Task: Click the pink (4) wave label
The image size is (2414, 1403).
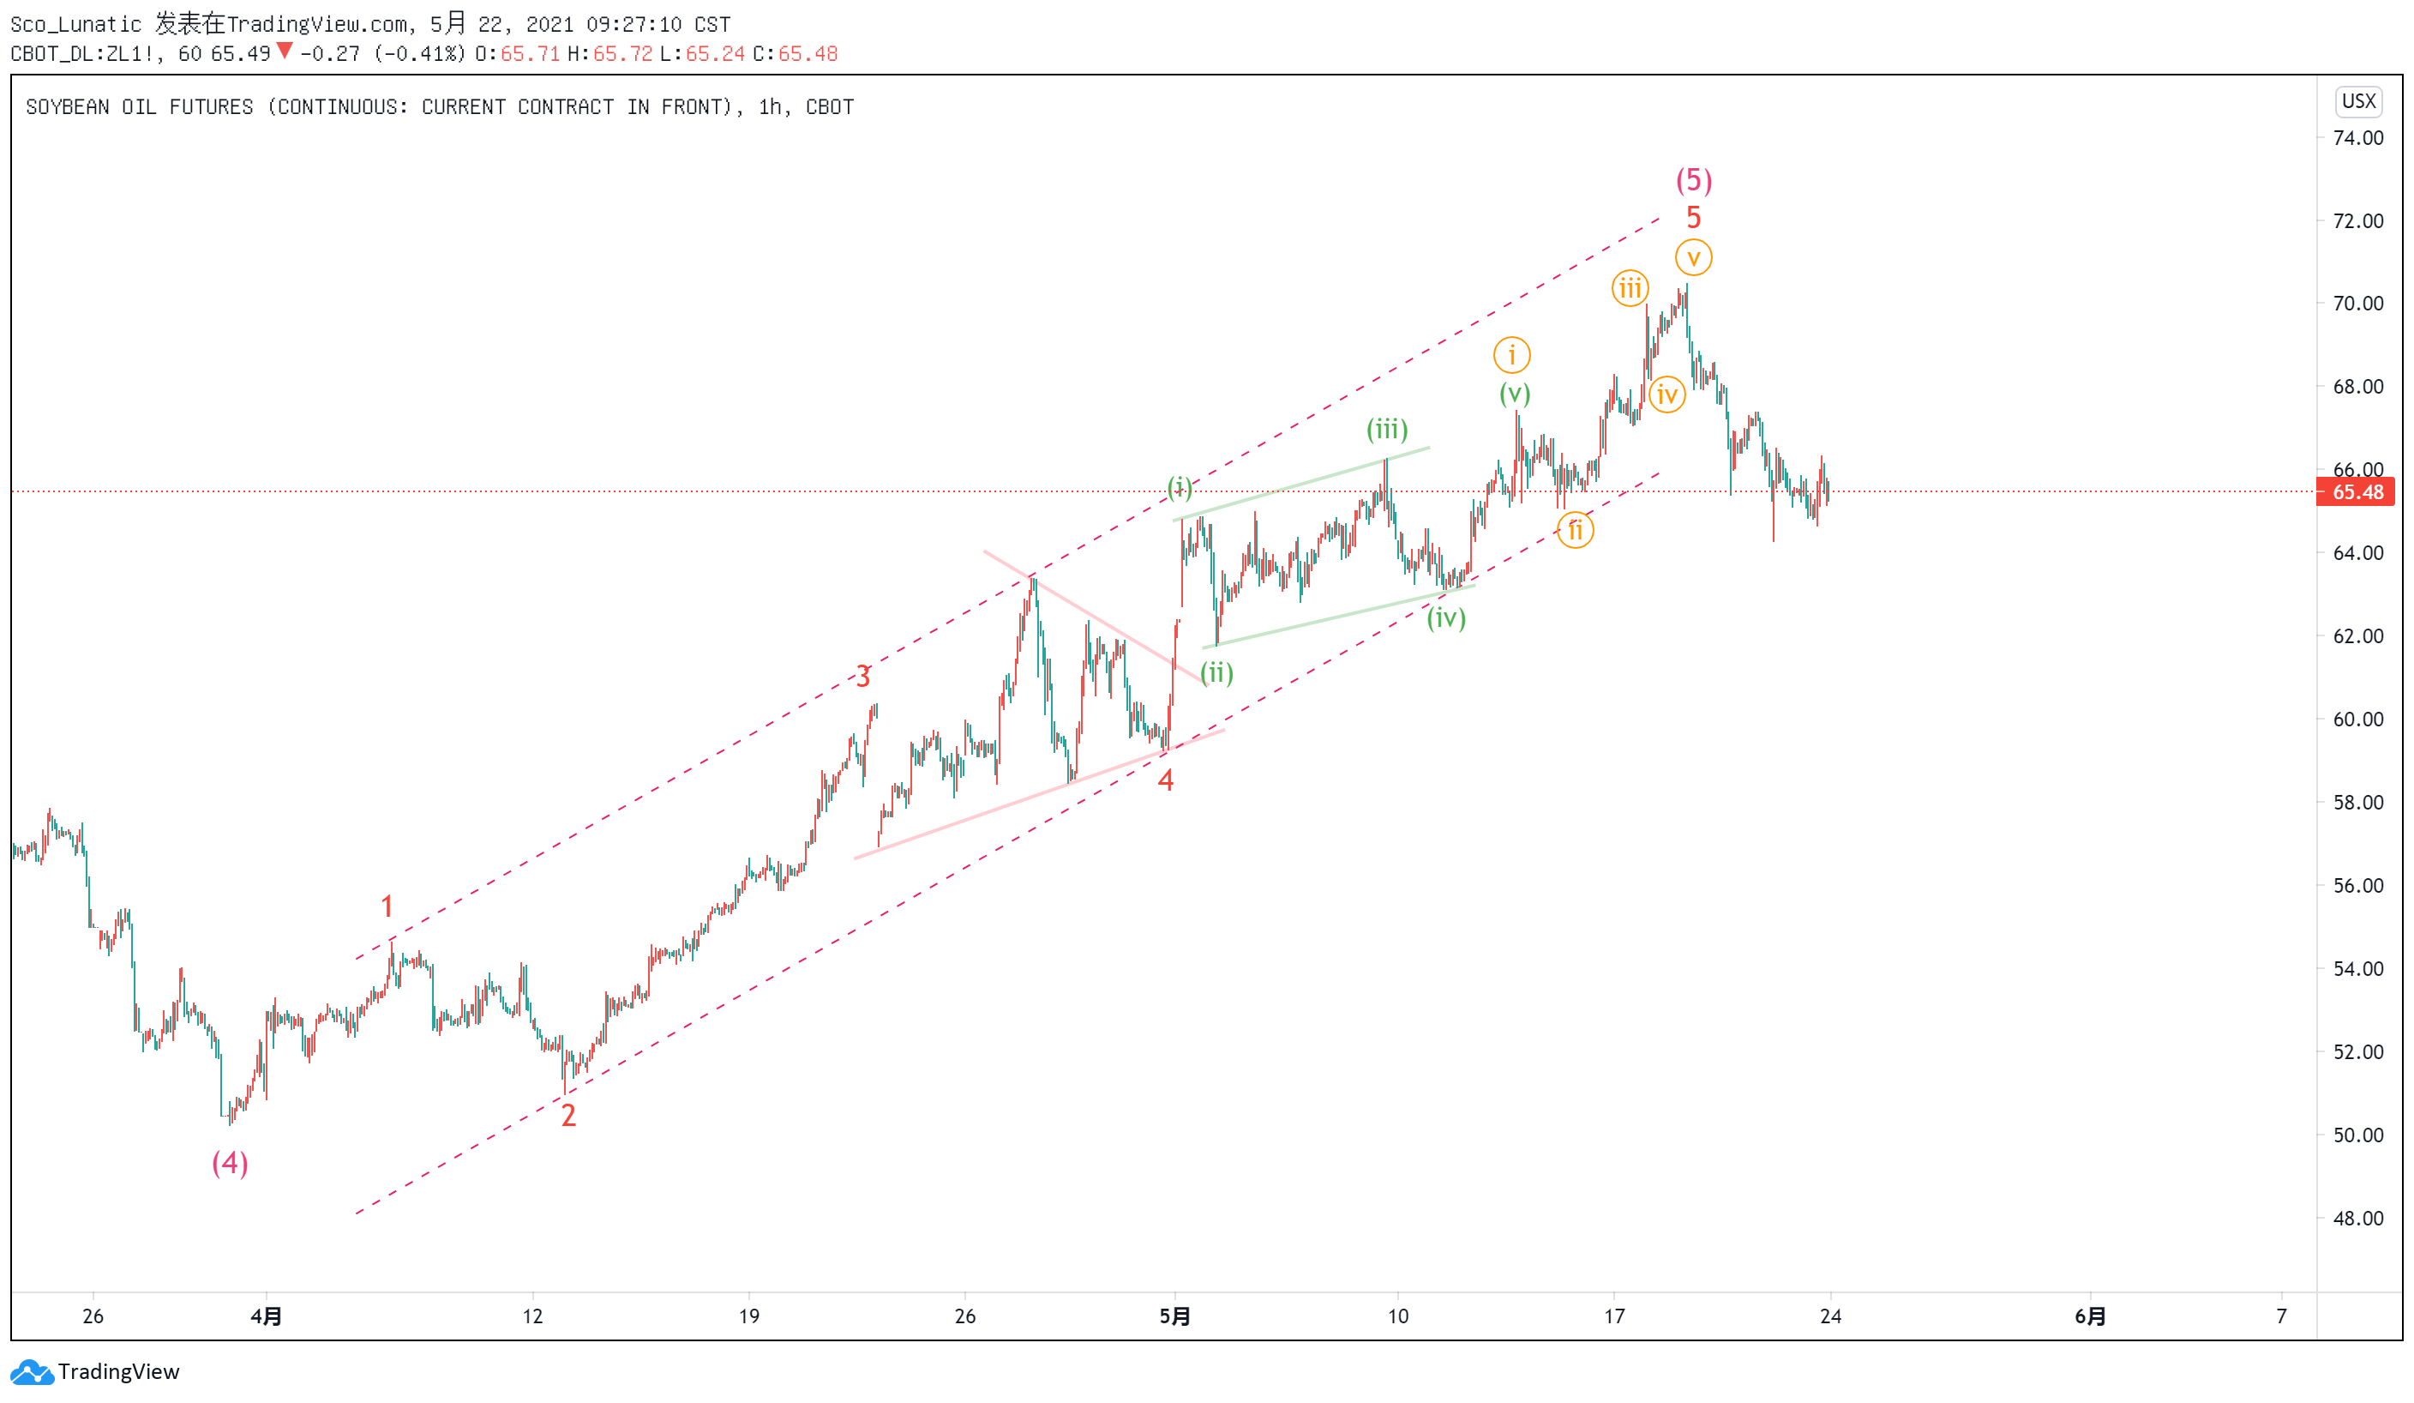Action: tap(230, 1164)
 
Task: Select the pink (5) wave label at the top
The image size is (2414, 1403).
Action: tap(1694, 180)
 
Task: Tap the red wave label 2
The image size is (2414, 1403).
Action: tap(568, 1116)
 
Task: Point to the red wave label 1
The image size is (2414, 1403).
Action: tap(387, 906)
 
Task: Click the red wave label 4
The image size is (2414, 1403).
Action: tap(1165, 780)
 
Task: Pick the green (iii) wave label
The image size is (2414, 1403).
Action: tap(1386, 430)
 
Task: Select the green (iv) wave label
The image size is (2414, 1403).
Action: tap(1445, 618)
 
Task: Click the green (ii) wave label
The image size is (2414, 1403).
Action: tap(1216, 672)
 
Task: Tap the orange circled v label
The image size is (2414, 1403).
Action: tap(1694, 258)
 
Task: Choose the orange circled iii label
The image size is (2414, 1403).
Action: tap(1630, 288)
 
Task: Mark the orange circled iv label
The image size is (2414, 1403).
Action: tap(1666, 394)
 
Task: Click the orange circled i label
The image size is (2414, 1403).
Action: tap(1511, 356)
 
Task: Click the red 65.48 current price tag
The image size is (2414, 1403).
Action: tap(2356, 492)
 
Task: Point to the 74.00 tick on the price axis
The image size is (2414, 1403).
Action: tap(2358, 138)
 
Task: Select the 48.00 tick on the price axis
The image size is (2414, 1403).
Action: tap(2358, 1219)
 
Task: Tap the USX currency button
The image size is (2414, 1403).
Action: tap(2358, 101)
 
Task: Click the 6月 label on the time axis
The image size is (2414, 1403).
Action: tap(2090, 1316)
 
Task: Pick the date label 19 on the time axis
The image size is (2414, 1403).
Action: tap(749, 1316)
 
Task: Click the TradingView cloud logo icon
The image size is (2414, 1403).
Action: tap(32, 1372)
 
